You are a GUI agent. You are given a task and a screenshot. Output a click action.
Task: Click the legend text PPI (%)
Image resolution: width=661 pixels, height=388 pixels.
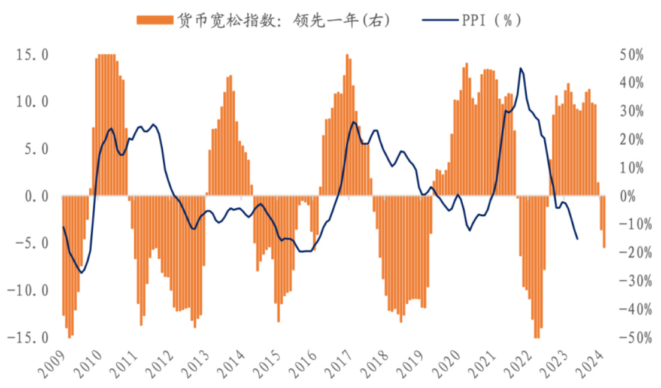click(x=491, y=20)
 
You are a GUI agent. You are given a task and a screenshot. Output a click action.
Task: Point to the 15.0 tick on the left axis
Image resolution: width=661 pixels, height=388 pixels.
click(x=32, y=55)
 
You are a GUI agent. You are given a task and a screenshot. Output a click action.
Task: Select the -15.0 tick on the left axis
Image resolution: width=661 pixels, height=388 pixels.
click(x=28, y=338)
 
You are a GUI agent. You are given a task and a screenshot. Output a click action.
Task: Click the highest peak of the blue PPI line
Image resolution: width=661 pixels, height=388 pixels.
click(x=521, y=68)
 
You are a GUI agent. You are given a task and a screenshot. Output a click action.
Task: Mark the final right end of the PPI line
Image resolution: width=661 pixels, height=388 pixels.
click(x=577, y=239)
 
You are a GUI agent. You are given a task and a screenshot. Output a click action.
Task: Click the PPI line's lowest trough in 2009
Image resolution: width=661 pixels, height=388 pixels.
click(x=81, y=272)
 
